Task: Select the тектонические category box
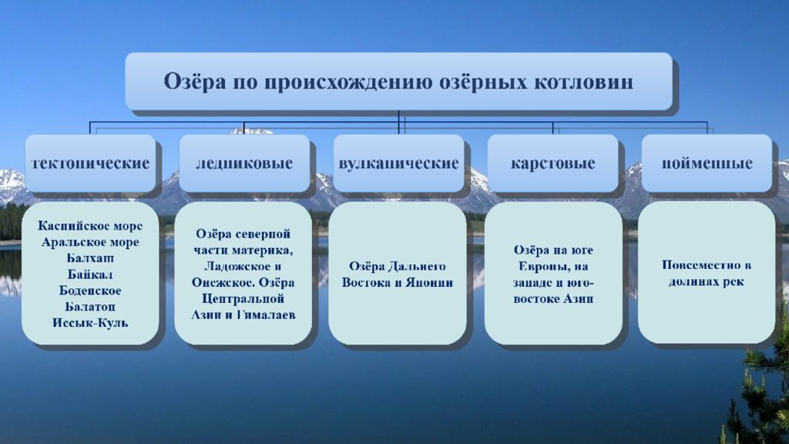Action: click(91, 163)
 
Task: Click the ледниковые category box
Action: click(244, 163)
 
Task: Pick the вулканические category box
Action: click(398, 163)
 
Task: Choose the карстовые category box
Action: click(552, 163)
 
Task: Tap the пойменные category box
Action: click(707, 163)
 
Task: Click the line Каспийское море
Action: click(90, 226)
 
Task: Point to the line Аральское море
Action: click(90, 242)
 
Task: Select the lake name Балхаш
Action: click(91, 258)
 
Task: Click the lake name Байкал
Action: click(90, 274)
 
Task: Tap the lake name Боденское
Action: click(90, 291)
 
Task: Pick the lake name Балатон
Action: click(90, 307)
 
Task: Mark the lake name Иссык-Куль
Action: click(90, 323)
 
